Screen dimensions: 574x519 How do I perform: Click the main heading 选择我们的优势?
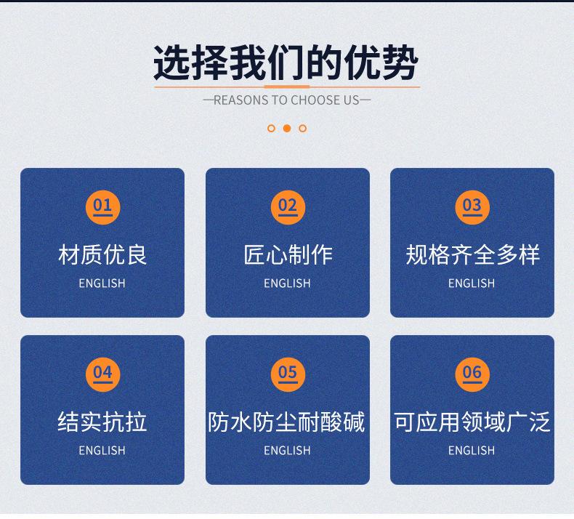286,63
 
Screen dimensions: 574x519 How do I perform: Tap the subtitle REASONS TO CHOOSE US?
286,100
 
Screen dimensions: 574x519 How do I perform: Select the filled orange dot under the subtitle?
287,128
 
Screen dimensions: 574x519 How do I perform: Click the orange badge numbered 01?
102,207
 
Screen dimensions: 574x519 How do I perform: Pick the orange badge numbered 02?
288,207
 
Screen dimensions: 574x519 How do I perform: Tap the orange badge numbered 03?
472,207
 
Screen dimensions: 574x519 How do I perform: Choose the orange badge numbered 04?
102,374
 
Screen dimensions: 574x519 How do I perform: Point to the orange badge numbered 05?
288,374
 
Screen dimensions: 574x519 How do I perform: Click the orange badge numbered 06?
472,374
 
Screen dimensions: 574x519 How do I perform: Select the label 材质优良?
102,255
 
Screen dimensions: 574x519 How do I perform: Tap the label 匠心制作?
288,255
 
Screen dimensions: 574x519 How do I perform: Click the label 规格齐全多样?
472,255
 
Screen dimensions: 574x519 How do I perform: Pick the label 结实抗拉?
102,422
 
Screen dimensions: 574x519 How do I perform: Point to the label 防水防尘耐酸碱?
286,422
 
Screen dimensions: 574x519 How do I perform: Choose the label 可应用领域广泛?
472,422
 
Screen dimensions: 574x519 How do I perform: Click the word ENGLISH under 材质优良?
102,283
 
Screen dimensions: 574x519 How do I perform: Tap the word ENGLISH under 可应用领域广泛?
472,450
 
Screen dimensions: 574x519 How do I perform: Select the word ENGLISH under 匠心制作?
288,283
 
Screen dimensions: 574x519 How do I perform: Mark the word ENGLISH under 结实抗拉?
102,450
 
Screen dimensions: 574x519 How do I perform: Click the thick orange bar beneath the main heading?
287,86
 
